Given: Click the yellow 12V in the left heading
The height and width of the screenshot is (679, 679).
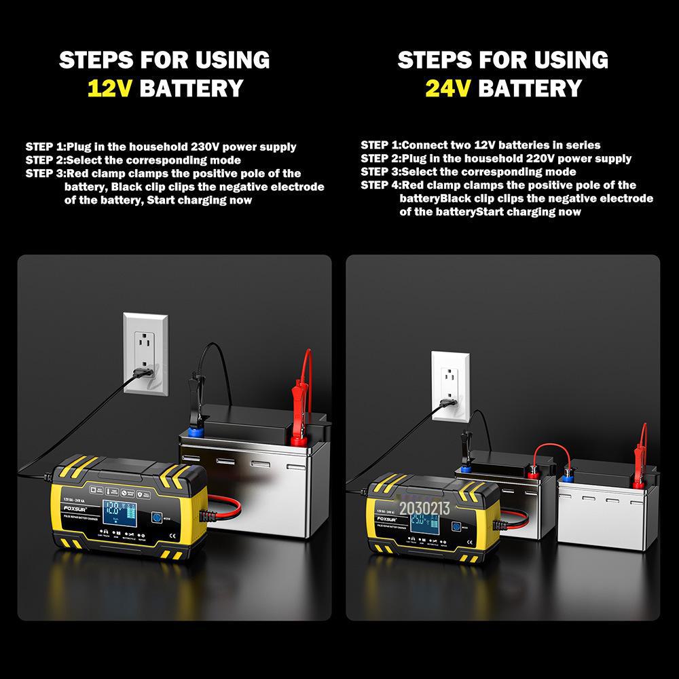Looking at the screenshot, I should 111,88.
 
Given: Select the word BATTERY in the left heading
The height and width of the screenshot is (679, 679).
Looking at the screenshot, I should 191,88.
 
